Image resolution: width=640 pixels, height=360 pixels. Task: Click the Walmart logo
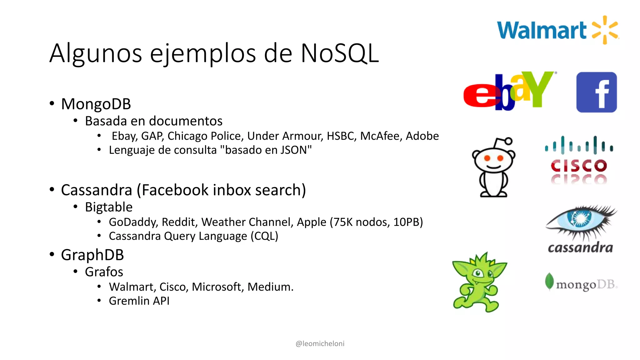coord(558,30)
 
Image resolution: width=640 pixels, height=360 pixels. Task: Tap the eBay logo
coord(509,91)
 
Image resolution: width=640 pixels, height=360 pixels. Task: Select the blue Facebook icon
coord(596,92)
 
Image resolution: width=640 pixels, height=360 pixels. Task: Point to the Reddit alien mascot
coord(493,167)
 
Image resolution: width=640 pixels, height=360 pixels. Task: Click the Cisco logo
coord(579,159)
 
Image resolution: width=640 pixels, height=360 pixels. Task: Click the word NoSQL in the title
coord(339,53)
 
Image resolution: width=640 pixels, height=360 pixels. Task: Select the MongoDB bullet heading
coord(96,104)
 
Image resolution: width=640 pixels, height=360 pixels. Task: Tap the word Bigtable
coord(109,207)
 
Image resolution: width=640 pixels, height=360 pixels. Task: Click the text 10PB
coord(408,222)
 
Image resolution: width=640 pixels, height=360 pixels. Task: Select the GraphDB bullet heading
coord(92,255)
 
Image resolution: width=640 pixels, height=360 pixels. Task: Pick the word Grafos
coord(104,272)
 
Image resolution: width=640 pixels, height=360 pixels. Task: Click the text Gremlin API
coord(139,301)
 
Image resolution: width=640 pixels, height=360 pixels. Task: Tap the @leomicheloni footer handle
coord(320,343)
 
